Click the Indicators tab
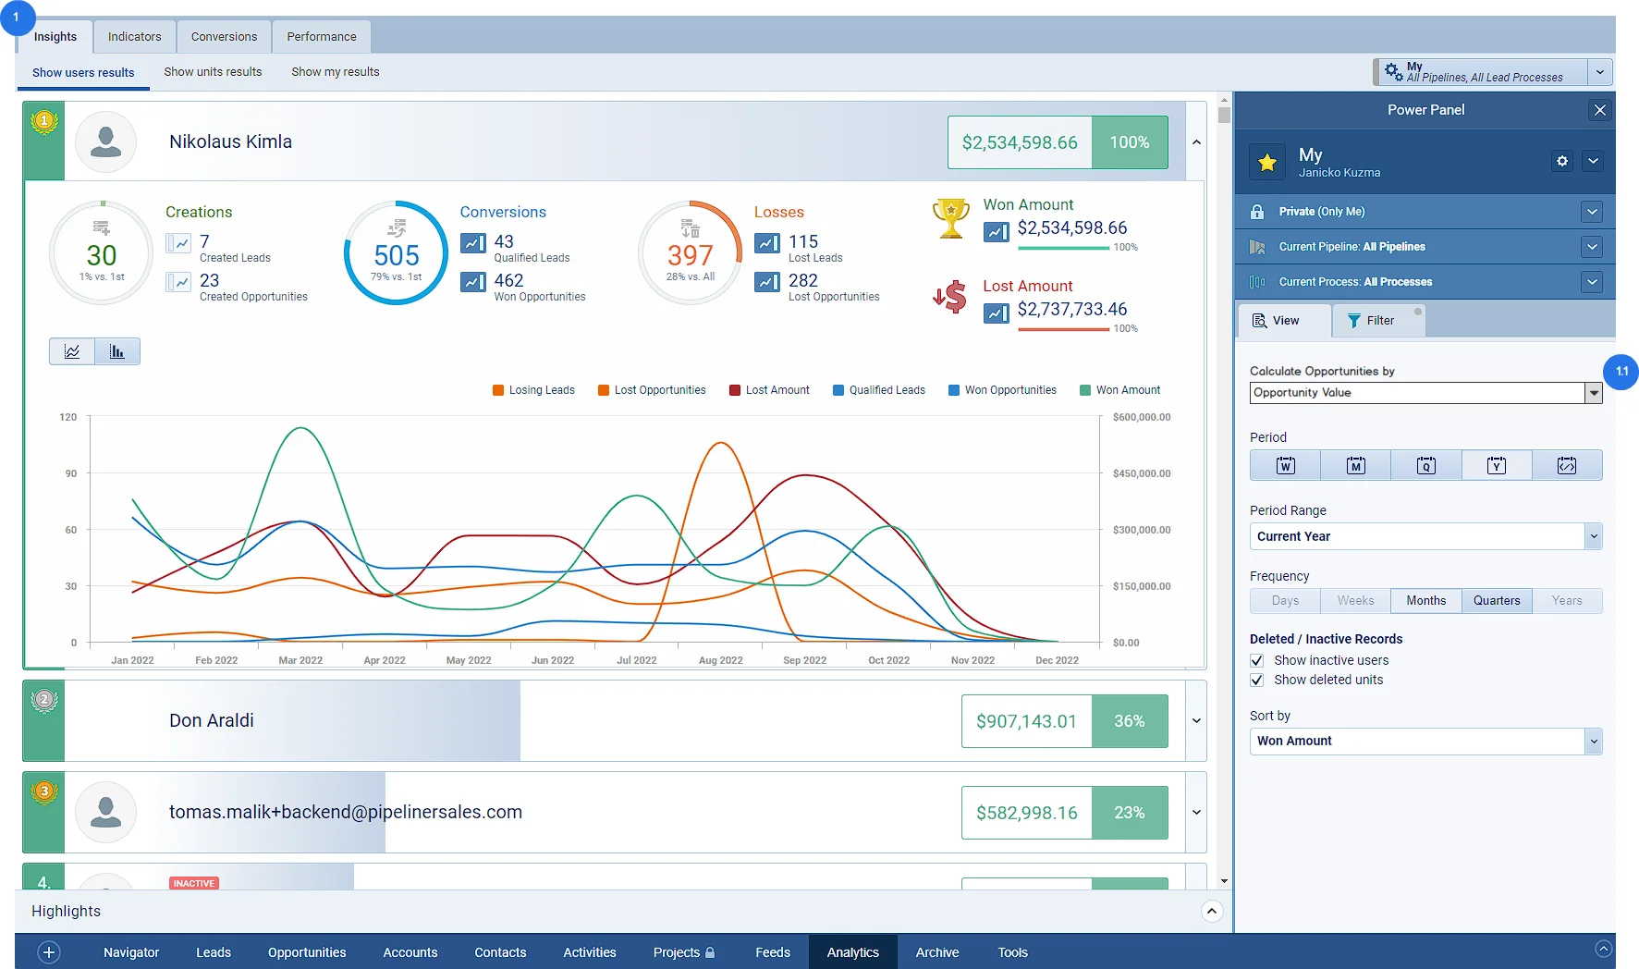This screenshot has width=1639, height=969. click(134, 37)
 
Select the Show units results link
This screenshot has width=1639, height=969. click(213, 72)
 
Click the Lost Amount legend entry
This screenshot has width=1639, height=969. click(769, 390)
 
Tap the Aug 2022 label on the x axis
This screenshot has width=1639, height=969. click(721, 660)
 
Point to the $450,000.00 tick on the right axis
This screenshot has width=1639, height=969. click(1142, 473)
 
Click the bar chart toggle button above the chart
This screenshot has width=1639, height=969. click(117, 351)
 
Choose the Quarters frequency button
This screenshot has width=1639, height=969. click(1497, 601)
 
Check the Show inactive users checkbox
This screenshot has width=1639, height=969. click(1257, 660)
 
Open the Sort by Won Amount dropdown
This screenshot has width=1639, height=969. click(1425, 741)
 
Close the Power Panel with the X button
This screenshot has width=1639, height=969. click(1600, 110)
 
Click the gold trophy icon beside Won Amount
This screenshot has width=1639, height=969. click(950, 218)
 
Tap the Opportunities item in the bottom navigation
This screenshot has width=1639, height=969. click(307, 952)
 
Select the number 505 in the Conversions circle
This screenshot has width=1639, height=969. click(397, 255)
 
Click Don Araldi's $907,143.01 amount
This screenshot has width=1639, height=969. click(1026, 721)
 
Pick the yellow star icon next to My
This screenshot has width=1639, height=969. click(1267, 163)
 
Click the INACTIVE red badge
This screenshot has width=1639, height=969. click(194, 883)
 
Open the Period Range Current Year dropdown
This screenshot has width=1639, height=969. click(1425, 536)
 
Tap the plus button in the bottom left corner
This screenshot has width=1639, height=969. click(49, 952)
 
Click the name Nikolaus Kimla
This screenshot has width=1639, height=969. click(230, 141)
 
